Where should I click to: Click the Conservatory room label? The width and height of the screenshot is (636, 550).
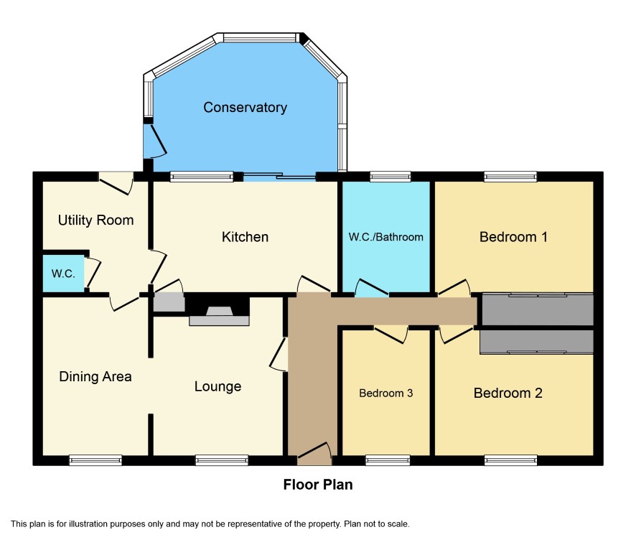tap(245, 108)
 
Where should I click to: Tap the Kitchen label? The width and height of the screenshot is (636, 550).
tap(245, 237)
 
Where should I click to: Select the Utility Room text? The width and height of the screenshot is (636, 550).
tap(95, 220)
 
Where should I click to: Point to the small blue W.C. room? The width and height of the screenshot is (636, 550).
tap(63, 274)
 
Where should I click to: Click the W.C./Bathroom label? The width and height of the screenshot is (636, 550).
tap(385, 237)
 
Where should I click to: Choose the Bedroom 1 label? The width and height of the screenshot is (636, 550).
tap(513, 237)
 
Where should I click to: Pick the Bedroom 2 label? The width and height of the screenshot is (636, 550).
tap(508, 393)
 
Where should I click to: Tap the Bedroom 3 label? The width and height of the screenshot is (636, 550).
tap(385, 393)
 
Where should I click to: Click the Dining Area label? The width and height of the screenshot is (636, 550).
tap(95, 377)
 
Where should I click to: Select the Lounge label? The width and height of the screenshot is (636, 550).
tap(218, 386)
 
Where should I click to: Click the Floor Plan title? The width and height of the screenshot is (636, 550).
tap(318, 485)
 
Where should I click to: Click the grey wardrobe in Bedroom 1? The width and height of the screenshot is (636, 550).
tap(538, 309)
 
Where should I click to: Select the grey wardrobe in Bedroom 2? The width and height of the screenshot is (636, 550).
tap(536, 342)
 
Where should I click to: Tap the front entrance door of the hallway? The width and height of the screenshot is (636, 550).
tap(314, 454)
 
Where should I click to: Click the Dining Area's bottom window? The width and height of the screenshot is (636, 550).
tap(95, 460)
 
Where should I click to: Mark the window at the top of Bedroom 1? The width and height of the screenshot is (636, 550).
tap(510, 177)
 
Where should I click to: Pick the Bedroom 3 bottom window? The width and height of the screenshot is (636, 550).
tap(388, 460)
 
